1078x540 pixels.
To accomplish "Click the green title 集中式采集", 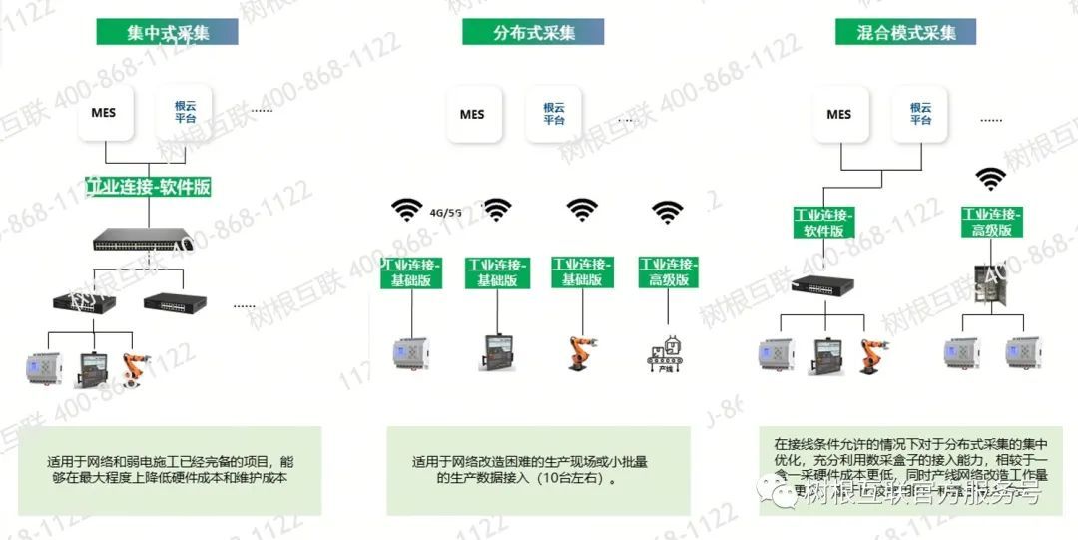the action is tap(167, 32).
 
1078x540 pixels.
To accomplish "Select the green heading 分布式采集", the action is tap(533, 32).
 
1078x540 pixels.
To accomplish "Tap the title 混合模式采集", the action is tap(906, 32).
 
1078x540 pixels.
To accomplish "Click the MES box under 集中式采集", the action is tap(103, 113).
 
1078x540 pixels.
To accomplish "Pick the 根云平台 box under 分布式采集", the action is tap(553, 114).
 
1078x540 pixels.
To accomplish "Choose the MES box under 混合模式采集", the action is tap(838, 114).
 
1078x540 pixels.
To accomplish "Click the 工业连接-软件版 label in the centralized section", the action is tap(149, 187).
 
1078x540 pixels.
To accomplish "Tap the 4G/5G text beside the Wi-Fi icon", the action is tap(445, 212).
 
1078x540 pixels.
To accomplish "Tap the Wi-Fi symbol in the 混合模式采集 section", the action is tap(990, 179).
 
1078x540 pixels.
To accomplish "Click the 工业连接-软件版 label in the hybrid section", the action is tap(824, 222).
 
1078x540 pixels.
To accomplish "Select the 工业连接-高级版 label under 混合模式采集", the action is tap(991, 222).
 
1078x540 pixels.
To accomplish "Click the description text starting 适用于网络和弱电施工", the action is tap(170, 470).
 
